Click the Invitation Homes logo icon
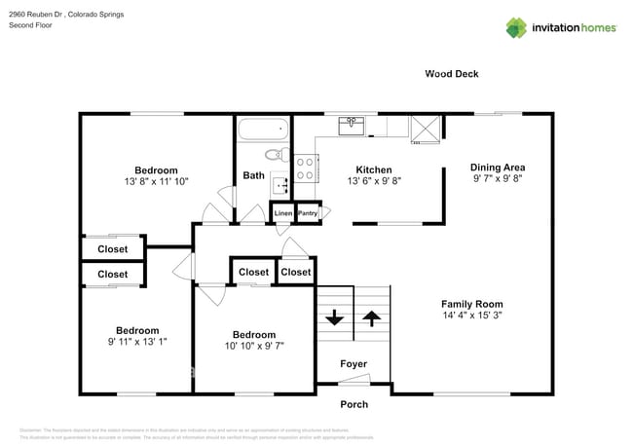tap(517, 27)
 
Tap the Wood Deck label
tap(451, 74)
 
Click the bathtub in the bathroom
tap(263, 130)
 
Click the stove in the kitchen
tap(306, 168)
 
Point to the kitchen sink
tap(352, 126)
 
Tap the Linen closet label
tap(282, 213)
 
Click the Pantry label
tap(308, 213)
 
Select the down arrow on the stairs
tap(334, 317)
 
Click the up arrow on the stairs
tap(372, 317)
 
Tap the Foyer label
tap(354, 364)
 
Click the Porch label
tap(354, 404)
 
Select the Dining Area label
tap(498, 167)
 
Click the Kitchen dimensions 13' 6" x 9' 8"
tap(374, 181)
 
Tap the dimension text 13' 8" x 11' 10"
tap(156, 181)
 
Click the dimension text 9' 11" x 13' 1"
tap(137, 342)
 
